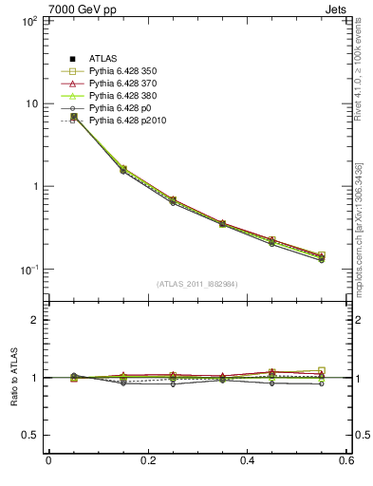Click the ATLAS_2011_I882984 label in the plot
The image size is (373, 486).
point(197,284)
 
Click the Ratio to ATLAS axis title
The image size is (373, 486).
point(11,377)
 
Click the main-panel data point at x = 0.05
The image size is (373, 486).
point(73,117)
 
